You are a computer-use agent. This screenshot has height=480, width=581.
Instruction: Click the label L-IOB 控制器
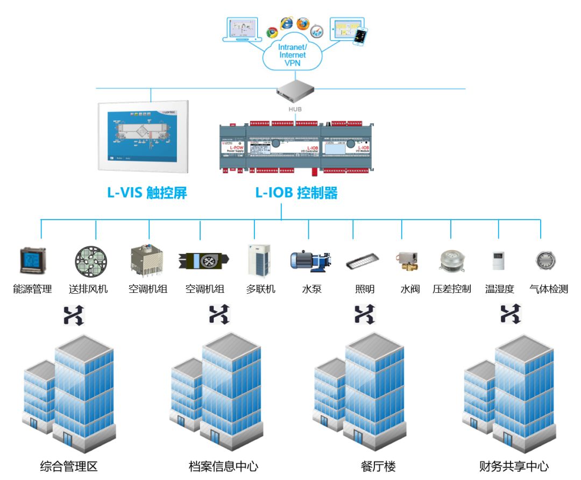[x=296, y=193]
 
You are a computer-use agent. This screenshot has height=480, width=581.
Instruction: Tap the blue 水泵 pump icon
[x=309, y=260]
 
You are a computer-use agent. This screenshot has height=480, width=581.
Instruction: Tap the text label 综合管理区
[x=69, y=466]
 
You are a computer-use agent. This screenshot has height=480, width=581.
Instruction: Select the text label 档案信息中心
[x=224, y=466]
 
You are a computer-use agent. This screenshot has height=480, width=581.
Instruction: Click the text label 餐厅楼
[x=378, y=466]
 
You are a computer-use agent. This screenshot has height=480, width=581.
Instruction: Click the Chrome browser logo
[x=272, y=32]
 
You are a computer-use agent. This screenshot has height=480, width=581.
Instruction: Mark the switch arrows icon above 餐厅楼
[x=364, y=314]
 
